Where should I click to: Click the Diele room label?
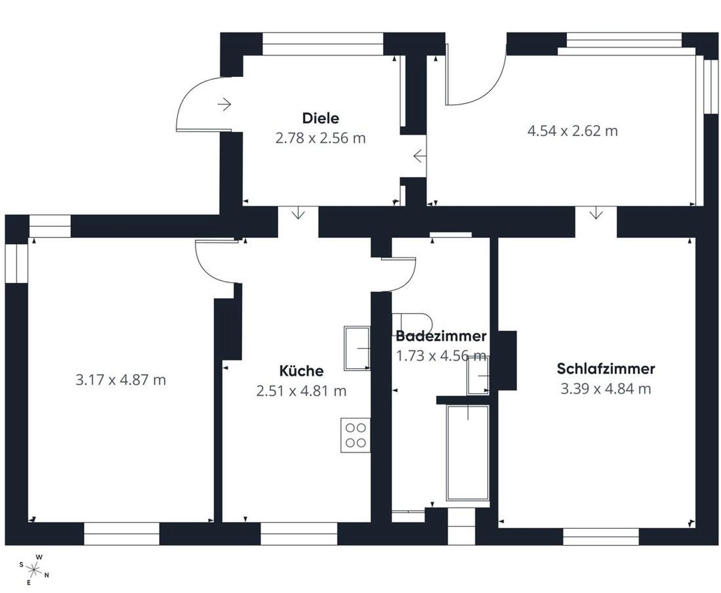320,118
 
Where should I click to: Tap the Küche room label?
301,371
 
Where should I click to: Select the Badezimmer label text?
441,336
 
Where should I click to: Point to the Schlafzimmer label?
606,368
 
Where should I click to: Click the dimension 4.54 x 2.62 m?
573,131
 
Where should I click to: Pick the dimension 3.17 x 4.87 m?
121,380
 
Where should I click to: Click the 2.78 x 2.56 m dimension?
320,138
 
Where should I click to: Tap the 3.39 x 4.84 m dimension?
606,389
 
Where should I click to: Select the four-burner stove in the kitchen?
356,435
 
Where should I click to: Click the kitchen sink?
357,348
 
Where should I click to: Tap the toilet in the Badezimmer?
412,323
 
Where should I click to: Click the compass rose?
34,570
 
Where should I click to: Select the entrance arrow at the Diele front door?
224,104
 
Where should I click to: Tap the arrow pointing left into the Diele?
420,156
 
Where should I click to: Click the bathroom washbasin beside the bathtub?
478,376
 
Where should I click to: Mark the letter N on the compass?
47,575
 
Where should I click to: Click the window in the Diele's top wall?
323,44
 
